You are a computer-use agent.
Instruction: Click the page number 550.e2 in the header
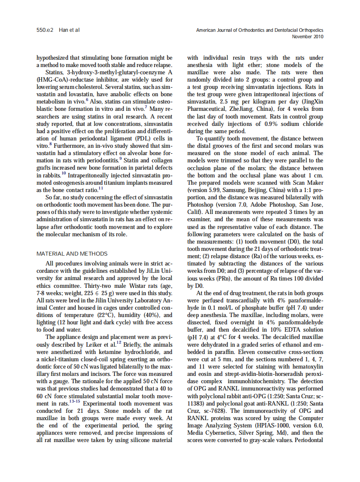pos(45,31)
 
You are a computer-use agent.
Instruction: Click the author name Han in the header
pos(63,31)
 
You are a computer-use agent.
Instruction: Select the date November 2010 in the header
pos(308,37)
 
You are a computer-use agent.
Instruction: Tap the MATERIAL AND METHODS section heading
pos(72,253)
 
